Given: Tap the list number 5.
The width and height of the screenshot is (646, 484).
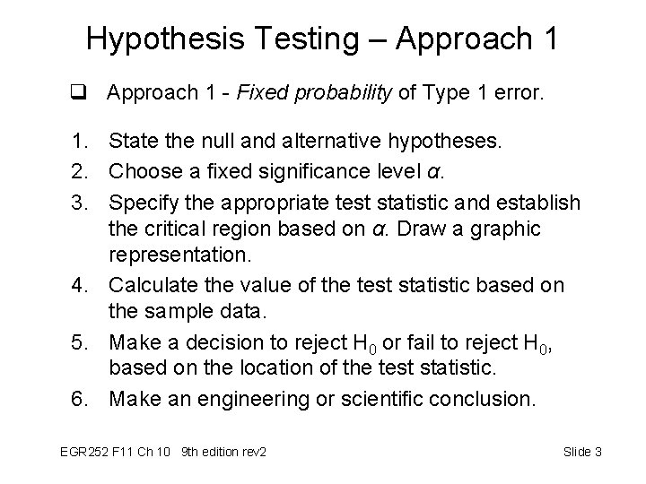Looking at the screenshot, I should point(80,343).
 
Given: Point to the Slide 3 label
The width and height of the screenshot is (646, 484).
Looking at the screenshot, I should point(581,451).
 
